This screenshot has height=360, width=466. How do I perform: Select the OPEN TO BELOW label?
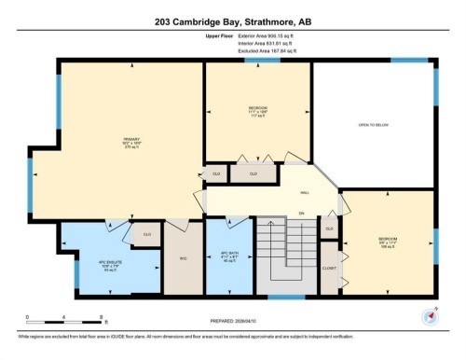[x=372, y=124]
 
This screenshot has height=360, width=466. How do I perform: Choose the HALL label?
[x=304, y=193]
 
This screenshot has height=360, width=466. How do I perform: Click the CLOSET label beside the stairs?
[x=328, y=267]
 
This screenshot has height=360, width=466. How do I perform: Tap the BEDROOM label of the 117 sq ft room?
[x=257, y=109]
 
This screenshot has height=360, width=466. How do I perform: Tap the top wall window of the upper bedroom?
[x=256, y=61]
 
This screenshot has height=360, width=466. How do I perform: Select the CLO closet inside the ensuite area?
[x=145, y=234]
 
